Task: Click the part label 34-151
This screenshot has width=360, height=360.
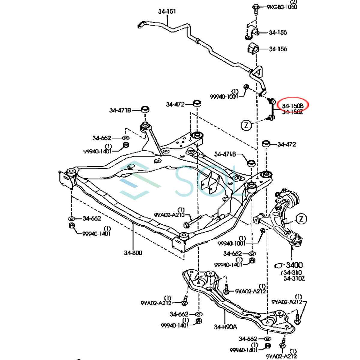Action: tap(167, 12)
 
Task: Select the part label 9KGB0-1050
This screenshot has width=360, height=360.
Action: tap(282, 7)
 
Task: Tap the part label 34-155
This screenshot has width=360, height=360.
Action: tap(278, 32)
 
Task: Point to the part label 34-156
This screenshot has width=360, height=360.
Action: tap(278, 49)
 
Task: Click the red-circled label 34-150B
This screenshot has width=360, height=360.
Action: tap(292, 106)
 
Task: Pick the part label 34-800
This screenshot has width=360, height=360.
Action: tap(133, 253)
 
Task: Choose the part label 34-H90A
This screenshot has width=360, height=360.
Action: tap(225, 327)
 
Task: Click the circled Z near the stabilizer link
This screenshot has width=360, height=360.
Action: tap(246, 125)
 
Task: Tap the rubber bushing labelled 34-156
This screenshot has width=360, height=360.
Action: tap(253, 49)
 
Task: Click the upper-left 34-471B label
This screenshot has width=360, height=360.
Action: tap(120, 110)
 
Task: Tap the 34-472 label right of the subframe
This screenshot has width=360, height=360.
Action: tap(286, 144)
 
